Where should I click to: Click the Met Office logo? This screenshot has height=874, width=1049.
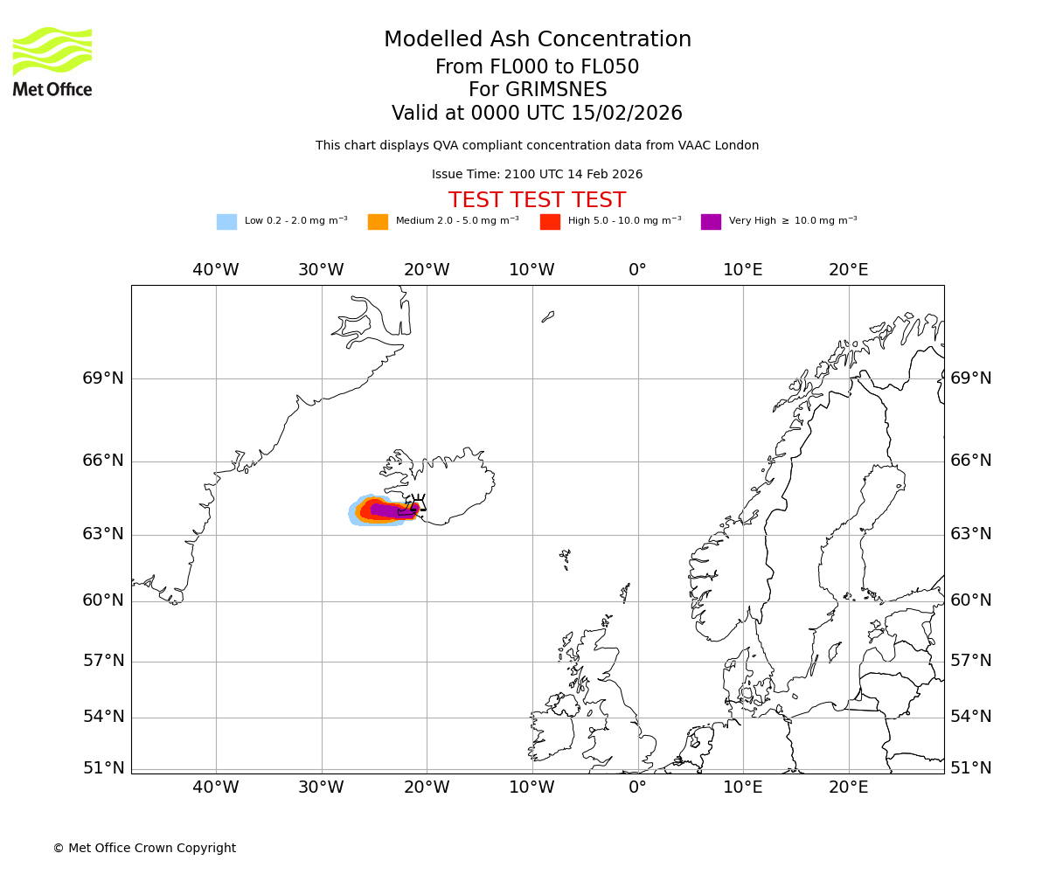[52, 61]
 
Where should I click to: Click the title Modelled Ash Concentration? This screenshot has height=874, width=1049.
[537, 39]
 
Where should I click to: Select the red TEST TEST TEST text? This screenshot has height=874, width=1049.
[537, 200]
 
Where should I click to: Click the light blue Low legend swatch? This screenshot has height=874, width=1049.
[226, 221]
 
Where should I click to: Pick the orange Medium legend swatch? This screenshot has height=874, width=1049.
[378, 221]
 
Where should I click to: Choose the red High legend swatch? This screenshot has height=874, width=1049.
[550, 221]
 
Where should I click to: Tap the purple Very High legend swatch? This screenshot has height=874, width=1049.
[711, 221]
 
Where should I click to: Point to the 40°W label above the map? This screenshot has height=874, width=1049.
[216, 270]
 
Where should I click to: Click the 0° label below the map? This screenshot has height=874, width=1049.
[637, 787]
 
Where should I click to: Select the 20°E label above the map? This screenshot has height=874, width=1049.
[848, 270]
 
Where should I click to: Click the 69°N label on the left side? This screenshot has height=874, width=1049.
[103, 378]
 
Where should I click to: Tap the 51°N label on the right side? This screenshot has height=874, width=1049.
[971, 768]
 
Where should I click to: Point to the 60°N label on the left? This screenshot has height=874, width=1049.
[103, 600]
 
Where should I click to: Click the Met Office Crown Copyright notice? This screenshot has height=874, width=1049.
[144, 848]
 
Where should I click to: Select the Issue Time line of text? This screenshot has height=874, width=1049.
[537, 174]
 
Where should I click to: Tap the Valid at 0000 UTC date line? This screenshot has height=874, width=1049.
[537, 114]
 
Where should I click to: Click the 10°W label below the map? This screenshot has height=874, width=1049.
[531, 787]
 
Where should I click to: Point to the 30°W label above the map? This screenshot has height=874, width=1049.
[321, 270]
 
